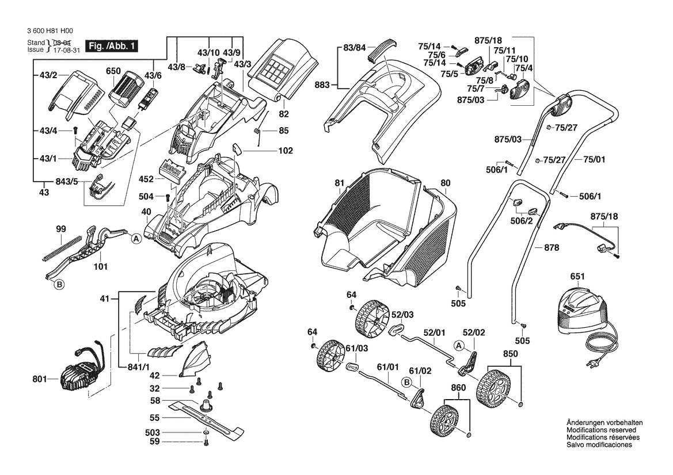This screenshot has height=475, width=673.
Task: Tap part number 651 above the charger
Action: tap(577, 277)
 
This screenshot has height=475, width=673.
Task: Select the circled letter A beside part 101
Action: tap(136, 238)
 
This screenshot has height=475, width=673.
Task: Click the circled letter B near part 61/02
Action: tap(407, 382)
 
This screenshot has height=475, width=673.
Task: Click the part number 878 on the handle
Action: tap(552, 248)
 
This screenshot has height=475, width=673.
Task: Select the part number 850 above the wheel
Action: tap(511, 353)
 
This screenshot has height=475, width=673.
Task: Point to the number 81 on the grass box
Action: tap(339, 183)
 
